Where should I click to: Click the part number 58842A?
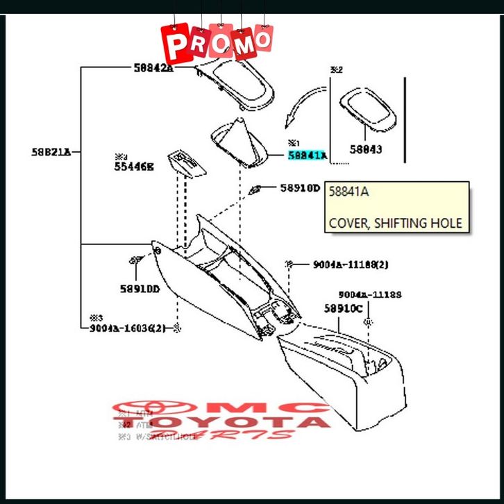153,68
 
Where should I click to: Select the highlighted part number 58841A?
307,156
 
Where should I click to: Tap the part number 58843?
366,149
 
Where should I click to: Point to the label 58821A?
51,151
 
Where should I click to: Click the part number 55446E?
134,167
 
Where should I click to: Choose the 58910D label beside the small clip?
301,188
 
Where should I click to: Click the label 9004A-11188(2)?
350,264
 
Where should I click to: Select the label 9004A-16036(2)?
128,328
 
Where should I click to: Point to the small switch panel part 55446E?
186,164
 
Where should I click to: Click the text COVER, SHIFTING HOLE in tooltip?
395,224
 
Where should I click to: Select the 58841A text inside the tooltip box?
349,192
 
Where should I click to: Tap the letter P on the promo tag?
176,47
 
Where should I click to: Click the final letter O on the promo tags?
263,40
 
